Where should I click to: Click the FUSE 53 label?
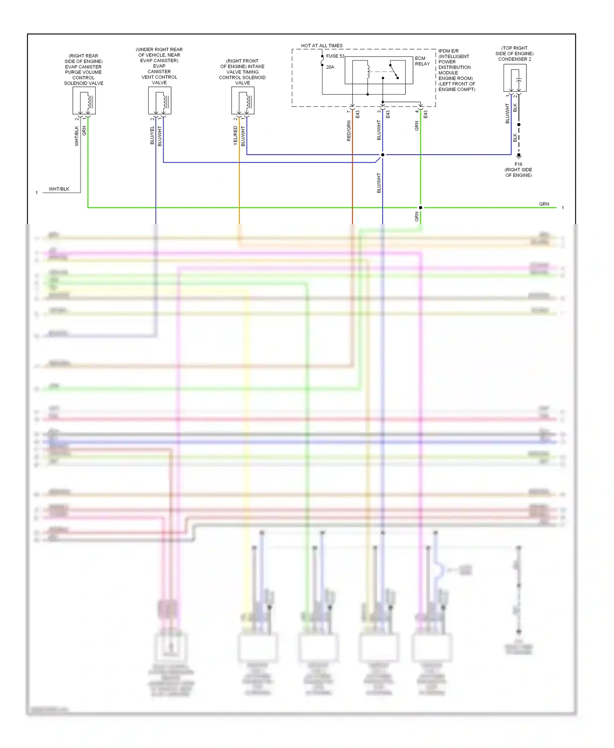click(x=335, y=56)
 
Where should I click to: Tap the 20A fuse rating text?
click(x=330, y=67)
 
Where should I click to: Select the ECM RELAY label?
click(x=422, y=61)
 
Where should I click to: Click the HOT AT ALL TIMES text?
click(x=322, y=45)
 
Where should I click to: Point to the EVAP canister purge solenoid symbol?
click(x=84, y=101)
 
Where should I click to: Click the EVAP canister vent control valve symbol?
click(x=160, y=101)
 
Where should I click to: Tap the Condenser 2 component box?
click(x=515, y=78)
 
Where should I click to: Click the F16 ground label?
click(x=518, y=164)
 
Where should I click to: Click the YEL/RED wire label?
click(x=235, y=135)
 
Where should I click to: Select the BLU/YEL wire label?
click(x=152, y=135)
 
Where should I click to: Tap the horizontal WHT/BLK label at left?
click(x=59, y=189)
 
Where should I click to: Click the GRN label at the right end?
click(x=544, y=204)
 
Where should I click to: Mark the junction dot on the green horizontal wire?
click(x=420, y=207)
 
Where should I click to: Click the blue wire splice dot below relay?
click(x=383, y=155)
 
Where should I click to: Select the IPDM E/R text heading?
click(x=448, y=51)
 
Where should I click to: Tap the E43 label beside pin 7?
click(x=357, y=114)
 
